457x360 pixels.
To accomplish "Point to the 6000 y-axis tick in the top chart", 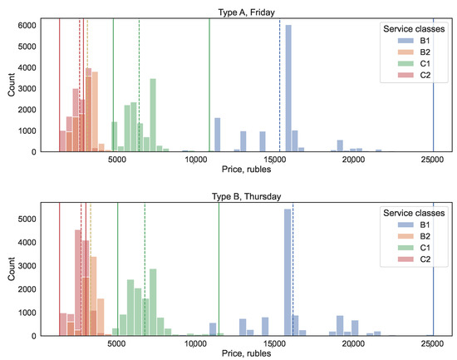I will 27,26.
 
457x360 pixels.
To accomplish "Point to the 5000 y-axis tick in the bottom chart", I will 27,219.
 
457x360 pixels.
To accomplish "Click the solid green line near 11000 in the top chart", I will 209,83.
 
